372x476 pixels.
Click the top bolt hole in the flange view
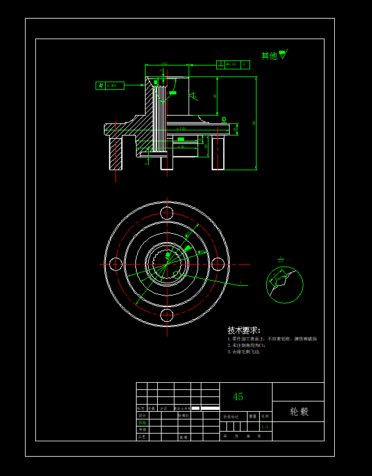pyautogui.click(x=167, y=213)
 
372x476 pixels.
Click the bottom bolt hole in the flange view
pyautogui.click(x=167, y=314)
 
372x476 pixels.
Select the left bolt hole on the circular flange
pyautogui.click(x=116, y=263)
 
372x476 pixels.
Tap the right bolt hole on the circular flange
pyautogui.click(x=218, y=263)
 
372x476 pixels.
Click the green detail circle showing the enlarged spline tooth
pyautogui.click(x=285, y=285)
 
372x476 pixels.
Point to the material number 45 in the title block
pyautogui.click(x=238, y=397)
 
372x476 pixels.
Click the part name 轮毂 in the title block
pyautogui.click(x=299, y=411)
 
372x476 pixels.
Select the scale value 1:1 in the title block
pyautogui.click(x=266, y=427)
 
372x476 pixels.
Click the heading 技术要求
pyautogui.click(x=244, y=330)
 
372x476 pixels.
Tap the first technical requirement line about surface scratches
pyautogui.click(x=272, y=339)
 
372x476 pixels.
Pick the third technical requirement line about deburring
pyautogui.click(x=244, y=352)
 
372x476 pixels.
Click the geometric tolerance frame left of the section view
pyautogui.click(x=110, y=85)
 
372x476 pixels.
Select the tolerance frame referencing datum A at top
pyautogui.click(x=233, y=64)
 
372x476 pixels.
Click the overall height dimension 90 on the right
pyautogui.click(x=255, y=123)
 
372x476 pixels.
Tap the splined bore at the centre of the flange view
pyautogui.click(x=167, y=263)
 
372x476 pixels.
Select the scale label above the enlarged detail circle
pyautogui.click(x=281, y=261)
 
